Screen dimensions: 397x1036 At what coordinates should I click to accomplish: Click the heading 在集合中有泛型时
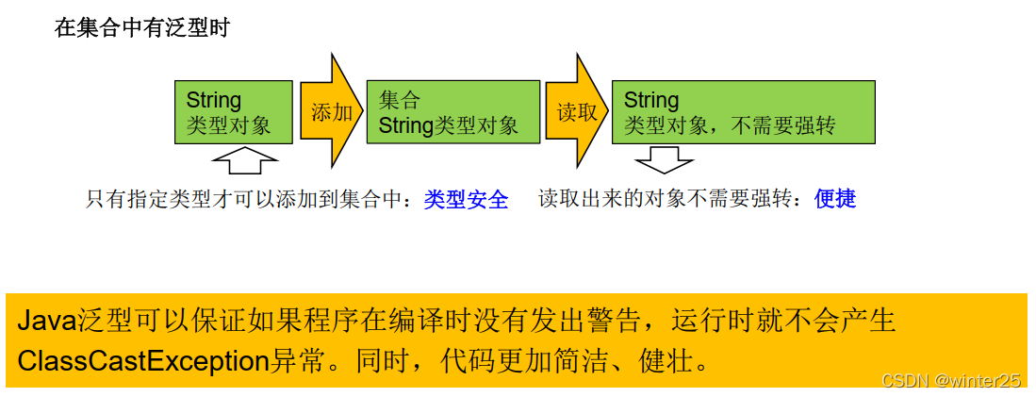[142, 28]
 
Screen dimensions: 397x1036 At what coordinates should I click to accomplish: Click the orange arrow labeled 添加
[331, 112]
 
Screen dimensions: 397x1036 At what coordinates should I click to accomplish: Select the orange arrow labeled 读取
[576, 112]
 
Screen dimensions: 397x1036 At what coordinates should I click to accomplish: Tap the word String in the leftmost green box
[214, 100]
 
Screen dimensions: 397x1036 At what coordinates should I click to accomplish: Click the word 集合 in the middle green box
[400, 100]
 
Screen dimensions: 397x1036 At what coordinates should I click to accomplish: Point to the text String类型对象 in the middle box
[449, 125]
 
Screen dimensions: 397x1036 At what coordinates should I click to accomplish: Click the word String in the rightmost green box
[651, 100]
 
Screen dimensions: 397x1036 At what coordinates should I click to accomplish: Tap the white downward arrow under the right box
[664, 158]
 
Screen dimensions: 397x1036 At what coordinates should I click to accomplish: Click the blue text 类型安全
[466, 199]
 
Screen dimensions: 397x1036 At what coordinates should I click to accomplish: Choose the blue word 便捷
[835, 199]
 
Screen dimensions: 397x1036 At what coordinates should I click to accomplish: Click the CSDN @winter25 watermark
[950, 380]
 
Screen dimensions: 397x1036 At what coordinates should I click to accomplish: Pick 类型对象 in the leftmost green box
[228, 125]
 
